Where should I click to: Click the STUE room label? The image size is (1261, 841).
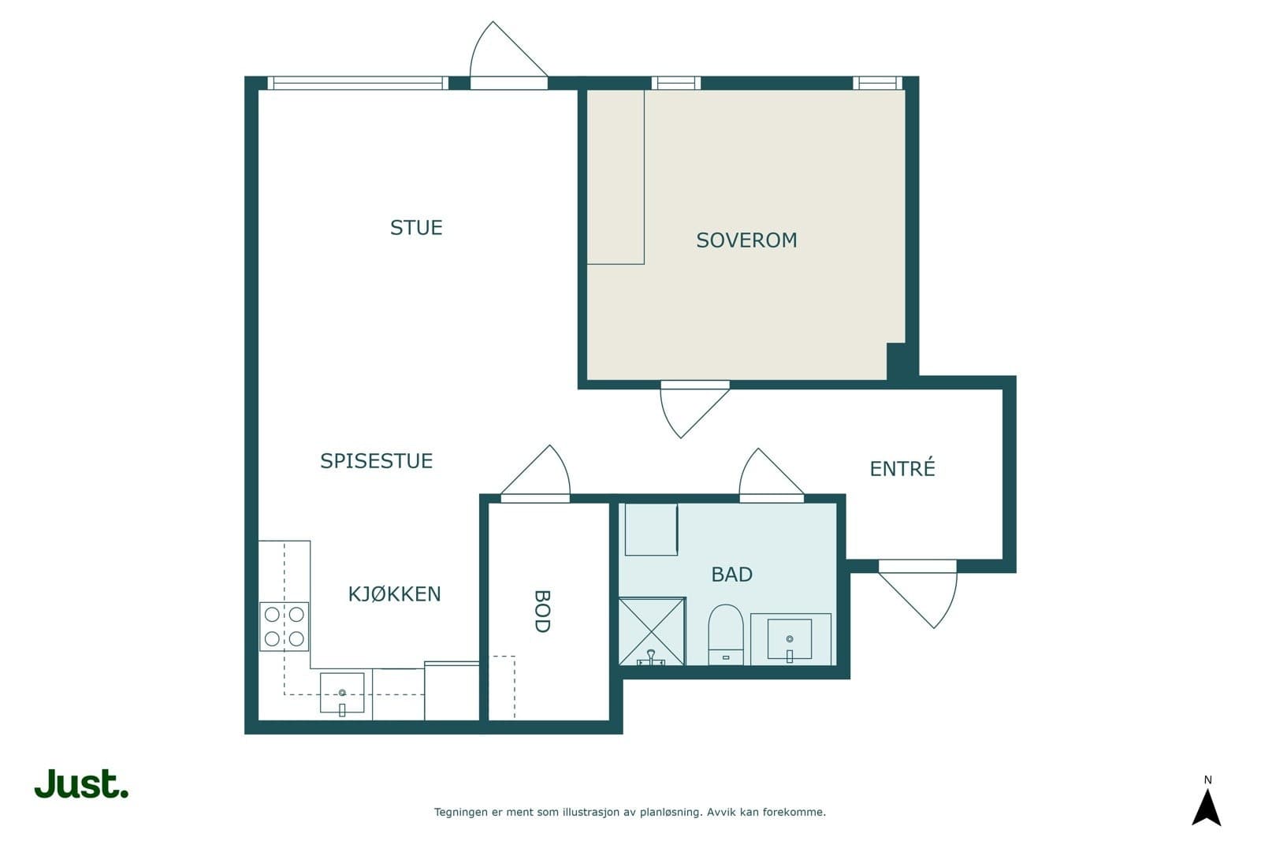416,228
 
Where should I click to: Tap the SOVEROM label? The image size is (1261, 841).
746,240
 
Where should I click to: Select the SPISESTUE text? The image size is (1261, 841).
376,461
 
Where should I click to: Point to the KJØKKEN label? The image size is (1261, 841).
394,594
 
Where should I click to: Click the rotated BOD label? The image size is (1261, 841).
541,612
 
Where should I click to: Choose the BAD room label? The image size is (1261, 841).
731,575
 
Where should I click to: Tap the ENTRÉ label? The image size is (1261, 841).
902,469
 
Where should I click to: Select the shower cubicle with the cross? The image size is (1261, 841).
651,631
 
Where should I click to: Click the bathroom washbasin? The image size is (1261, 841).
790,639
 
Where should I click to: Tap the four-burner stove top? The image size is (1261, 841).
284,626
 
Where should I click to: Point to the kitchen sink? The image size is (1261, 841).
342,694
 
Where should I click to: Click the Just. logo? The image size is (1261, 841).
81,784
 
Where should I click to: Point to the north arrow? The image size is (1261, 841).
1207,804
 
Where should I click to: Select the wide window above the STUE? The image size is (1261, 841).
357,83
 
